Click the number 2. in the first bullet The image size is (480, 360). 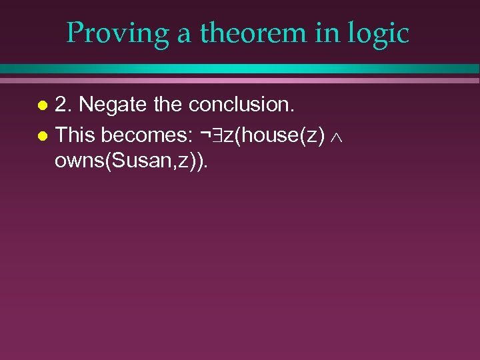(x=64, y=105)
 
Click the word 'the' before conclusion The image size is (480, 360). (x=169, y=105)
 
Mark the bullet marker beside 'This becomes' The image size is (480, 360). (x=42, y=135)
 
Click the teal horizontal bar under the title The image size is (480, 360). (x=240, y=69)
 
